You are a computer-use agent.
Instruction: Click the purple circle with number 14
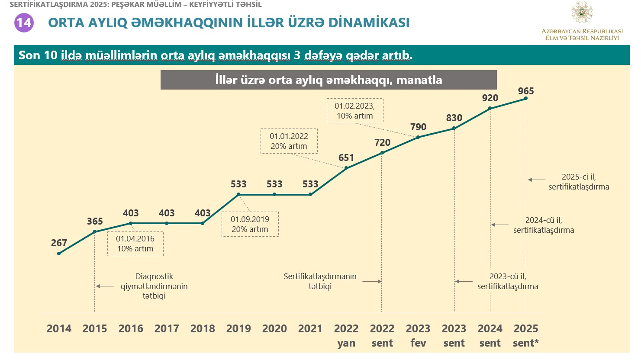(24, 22)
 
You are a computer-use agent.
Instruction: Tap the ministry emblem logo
(582, 13)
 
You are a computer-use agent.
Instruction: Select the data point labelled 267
(59, 254)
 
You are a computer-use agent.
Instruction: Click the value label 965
(526, 91)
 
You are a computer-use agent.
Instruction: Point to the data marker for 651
(346, 168)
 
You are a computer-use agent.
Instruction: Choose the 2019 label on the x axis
(238, 329)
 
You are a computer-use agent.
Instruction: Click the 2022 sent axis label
(382, 336)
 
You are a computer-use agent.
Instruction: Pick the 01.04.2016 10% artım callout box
(135, 244)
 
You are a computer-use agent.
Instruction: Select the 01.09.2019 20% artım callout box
(250, 224)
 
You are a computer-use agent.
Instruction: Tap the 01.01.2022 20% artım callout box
(289, 141)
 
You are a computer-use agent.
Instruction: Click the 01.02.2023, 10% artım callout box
(355, 111)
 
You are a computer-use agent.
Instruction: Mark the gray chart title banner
(329, 80)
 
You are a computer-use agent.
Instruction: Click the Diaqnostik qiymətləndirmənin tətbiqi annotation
(154, 286)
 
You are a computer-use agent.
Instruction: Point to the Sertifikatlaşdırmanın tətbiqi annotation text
(320, 281)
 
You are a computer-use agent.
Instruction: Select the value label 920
(490, 98)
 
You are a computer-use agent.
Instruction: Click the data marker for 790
(418, 137)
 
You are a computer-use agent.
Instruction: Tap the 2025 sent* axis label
(526, 336)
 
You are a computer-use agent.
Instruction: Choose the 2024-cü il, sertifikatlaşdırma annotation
(544, 225)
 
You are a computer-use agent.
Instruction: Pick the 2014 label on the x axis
(59, 329)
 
